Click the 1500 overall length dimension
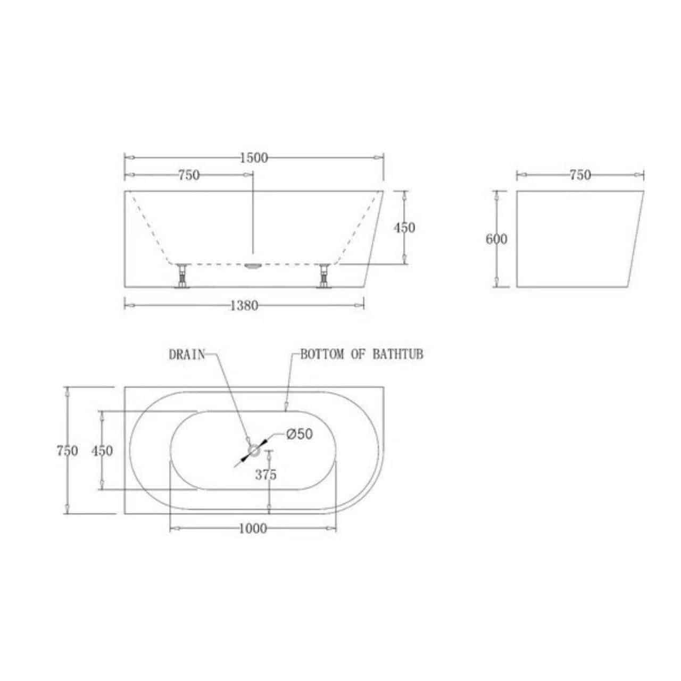click(254, 158)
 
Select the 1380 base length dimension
click(244, 306)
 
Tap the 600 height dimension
click(496, 239)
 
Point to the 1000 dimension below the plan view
click(253, 529)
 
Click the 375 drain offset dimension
click(266, 475)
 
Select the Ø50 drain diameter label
click(300, 434)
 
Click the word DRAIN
click(187, 355)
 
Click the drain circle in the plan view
click(254, 450)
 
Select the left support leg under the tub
click(182, 276)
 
